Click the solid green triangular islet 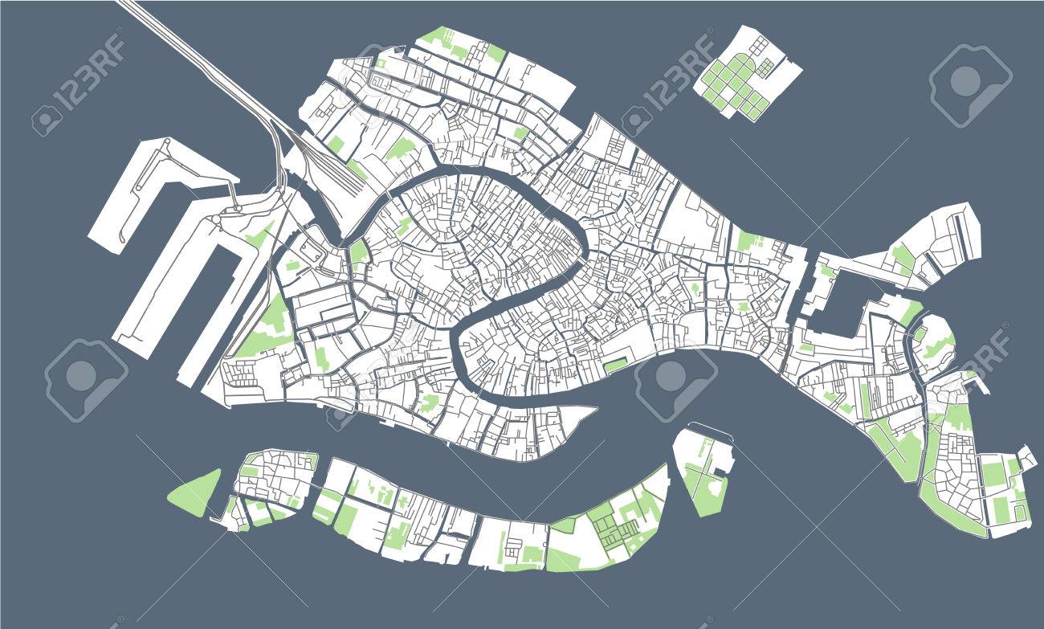pos(195,492)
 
